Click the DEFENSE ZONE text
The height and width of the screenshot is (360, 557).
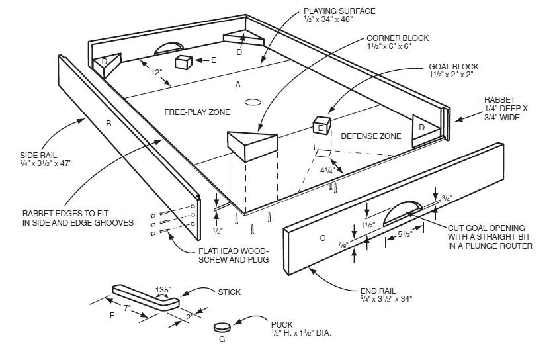tap(370, 136)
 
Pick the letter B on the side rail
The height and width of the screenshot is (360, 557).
tap(108, 123)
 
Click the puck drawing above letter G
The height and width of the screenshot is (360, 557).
tap(223, 326)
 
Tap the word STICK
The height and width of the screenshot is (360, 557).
tap(229, 291)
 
